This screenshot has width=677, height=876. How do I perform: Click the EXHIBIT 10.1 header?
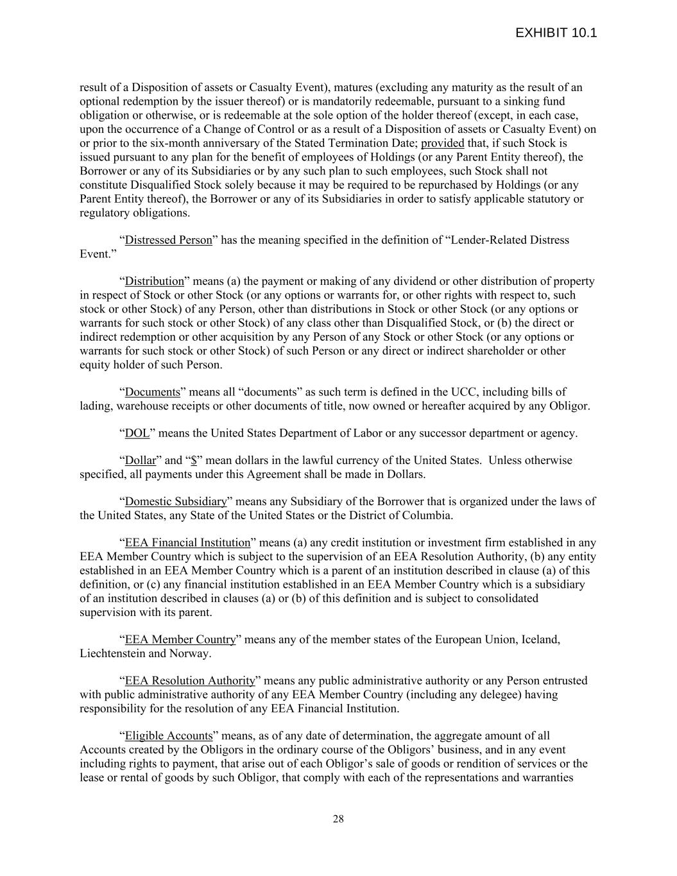pyautogui.click(x=556, y=33)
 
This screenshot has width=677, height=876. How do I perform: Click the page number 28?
pyautogui.click(x=338, y=818)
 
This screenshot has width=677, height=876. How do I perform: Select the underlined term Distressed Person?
pyautogui.click(x=168, y=240)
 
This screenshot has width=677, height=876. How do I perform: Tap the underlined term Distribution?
pyautogui.click(x=154, y=281)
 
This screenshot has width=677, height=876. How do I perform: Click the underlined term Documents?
pyautogui.click(x=152, y=391)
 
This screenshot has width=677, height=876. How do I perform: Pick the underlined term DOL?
pyautogui.click(x=137, y=433)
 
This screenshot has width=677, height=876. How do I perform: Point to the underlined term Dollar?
pyautogui.click(x=140, y=460)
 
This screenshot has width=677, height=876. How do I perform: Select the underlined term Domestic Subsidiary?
pyautogui.click(x=176, y=501)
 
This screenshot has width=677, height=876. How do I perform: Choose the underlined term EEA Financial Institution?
pyautogui.click(x=187, y=543)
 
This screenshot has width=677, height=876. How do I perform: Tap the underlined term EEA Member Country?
pyautogui.click(x=180, y=639)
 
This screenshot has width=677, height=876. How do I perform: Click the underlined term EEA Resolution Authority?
pyautogui.click(x=190, y=680)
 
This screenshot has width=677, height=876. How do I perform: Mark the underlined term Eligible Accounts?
pyautogui.click(x=168, y=735)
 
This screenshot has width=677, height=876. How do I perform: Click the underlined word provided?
pyautogui.click(x=442, y=142)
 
